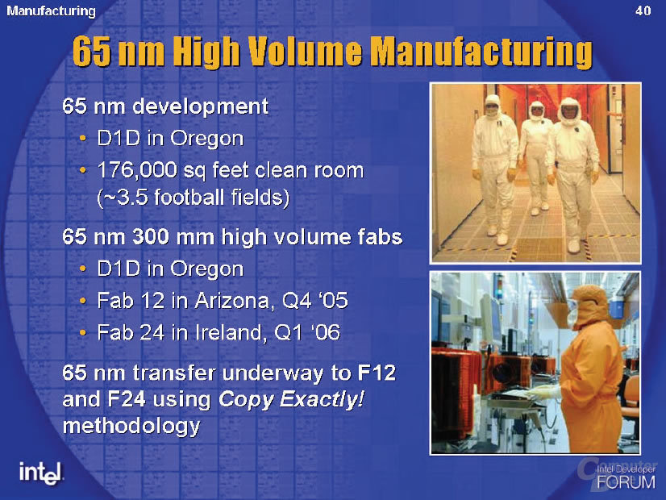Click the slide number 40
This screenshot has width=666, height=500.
[x=643, y=10]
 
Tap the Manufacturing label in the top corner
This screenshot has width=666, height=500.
[x=51, y=11]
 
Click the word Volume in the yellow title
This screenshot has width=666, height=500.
[x=305, y=52]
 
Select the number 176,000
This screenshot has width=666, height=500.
[x=137, y=171]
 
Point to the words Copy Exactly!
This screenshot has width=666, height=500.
[x=291, y=400]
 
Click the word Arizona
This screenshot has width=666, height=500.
[x=232, y=301]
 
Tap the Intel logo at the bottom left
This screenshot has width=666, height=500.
[x=41, y=473]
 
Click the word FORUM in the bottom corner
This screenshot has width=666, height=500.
[x=626, y=482]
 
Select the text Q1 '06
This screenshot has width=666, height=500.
[x=307, y=332]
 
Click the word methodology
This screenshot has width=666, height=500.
[x=131, y=427]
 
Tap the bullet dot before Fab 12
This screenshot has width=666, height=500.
[x=83, y=301]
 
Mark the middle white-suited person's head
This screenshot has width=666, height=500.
[x=537, y=110]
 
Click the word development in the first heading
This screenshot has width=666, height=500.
[x=200, y=106]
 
